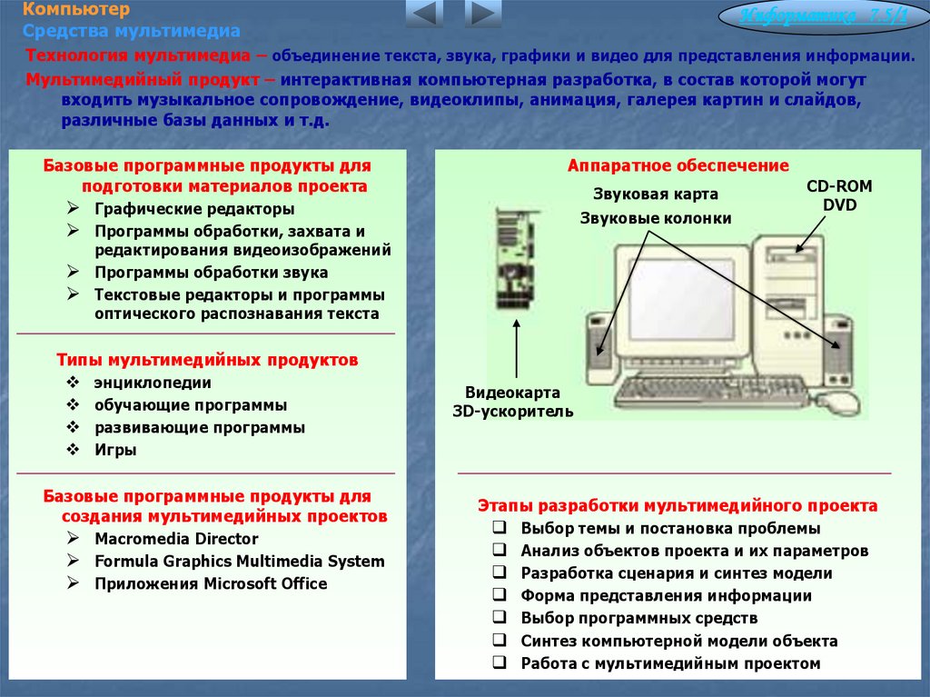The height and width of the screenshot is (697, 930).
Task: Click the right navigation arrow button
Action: [483, 14]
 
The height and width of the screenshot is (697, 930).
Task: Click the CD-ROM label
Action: [839, 186]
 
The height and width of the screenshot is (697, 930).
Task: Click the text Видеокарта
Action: [512, 393]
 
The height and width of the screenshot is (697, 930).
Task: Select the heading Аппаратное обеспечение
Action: [678, 165]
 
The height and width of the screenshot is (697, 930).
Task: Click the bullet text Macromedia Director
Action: [177, 539]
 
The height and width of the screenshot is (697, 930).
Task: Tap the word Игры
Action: [115, 449]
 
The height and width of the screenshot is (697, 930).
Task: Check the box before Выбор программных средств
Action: [500, 618]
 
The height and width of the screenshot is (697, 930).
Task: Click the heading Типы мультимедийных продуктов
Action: [207, 360]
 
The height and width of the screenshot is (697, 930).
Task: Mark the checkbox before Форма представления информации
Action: [500, 595]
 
